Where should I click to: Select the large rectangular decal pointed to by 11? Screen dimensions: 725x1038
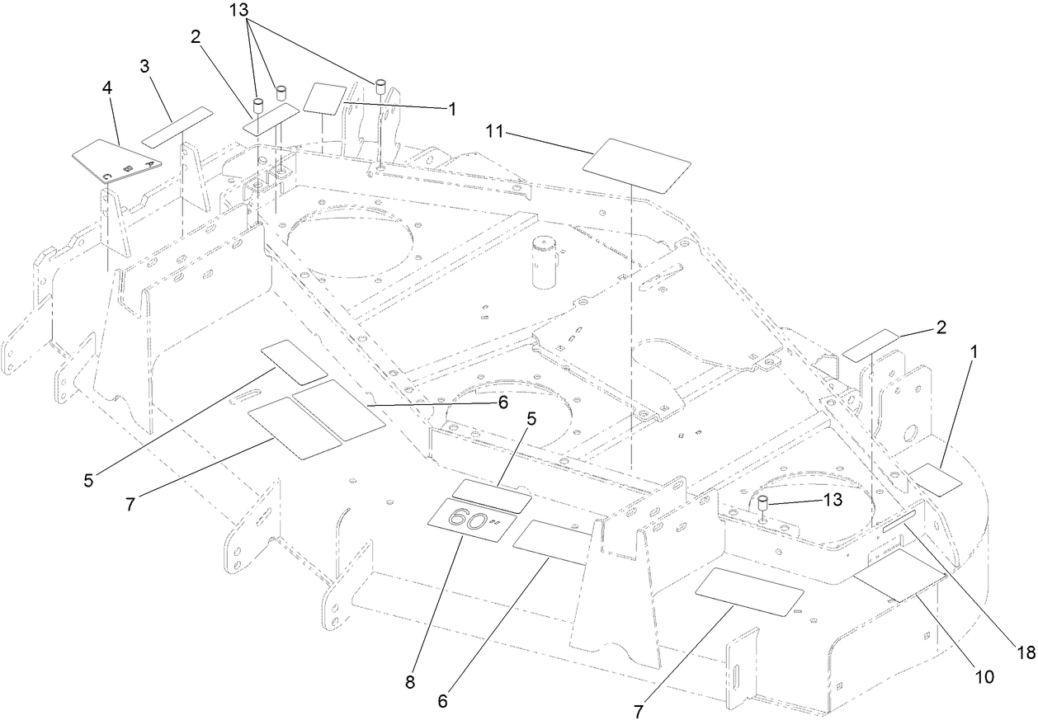(x=637, y=166)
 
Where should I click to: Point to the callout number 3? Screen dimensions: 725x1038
(x=145, y=67)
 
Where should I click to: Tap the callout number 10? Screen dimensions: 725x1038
(x=985, y=676)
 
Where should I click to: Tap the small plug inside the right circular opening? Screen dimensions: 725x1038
(x=764, y=505)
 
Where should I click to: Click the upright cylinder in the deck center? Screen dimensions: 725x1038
(x=545, y=261)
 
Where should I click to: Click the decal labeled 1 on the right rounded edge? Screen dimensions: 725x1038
(x=934, y=479)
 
